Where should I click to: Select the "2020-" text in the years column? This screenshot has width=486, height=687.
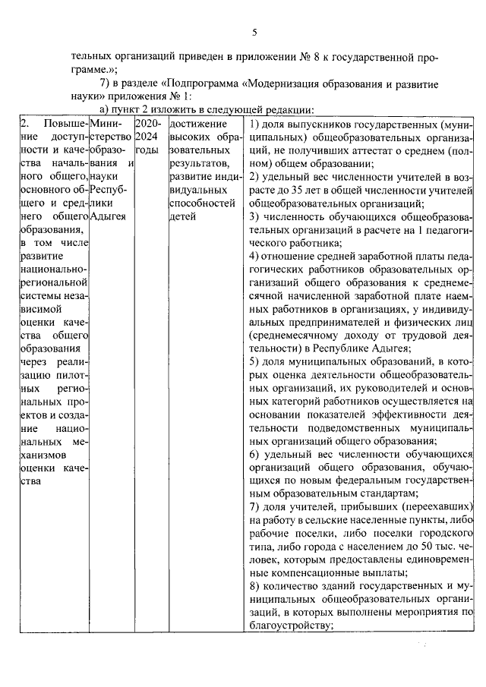148,123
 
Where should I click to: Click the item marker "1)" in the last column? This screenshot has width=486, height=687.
256,123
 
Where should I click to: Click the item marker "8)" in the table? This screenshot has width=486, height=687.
256,587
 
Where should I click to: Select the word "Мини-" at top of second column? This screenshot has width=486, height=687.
105,123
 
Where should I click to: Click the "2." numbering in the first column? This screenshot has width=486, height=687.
25,123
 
